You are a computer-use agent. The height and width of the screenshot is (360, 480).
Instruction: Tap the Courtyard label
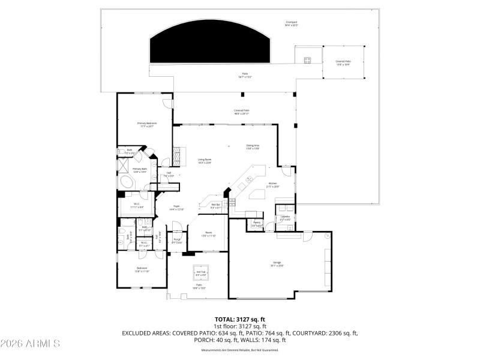click(292, 23)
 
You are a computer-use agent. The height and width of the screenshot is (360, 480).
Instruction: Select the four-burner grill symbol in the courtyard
click(308, 59)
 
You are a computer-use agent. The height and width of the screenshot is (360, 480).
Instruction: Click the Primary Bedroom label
click(146, 124)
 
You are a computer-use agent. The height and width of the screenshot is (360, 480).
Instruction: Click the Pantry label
click(257, 223)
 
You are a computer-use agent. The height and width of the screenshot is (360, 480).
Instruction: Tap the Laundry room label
click(286, 217)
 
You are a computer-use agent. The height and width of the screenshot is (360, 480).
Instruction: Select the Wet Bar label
click(216, 206)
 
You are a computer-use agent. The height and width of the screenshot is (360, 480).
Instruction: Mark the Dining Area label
click(253, 146)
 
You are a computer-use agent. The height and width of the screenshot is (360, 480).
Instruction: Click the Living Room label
click(205, 161)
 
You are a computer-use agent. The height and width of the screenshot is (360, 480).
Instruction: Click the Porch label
click(177, 241)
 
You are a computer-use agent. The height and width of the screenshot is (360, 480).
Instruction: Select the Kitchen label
click(272, 185)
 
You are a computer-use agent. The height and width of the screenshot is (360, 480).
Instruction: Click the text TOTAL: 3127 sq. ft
click(239, 319)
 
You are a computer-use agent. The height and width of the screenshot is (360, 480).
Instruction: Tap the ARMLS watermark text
click(30, 344)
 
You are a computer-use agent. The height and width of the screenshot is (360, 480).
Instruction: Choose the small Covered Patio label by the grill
click(343, 62)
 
